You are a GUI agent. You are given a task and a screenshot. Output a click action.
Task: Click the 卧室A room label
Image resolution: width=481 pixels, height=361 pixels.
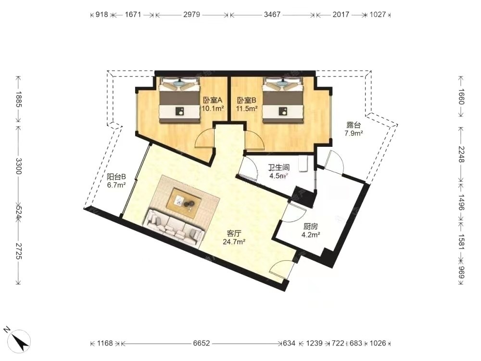(x=212, y=101)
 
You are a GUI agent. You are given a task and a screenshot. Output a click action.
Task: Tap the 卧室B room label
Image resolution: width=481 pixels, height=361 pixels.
(x=246, y=101)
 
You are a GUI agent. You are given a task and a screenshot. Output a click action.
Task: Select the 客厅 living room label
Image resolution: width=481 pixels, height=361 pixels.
(x=233, y=233)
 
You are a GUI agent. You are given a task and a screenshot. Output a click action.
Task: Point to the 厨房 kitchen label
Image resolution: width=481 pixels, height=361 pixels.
(x=310, y=227)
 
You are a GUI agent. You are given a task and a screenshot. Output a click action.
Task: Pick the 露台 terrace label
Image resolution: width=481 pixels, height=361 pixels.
(x=354, y=125)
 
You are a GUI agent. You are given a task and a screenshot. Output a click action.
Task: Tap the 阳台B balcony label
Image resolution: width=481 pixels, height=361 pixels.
(x=116, y=177)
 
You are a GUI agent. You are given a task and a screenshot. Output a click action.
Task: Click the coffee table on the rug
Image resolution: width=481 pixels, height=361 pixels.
(x=184, y=202)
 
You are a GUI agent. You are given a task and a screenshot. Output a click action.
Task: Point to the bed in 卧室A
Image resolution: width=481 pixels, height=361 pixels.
(x=179, y=100)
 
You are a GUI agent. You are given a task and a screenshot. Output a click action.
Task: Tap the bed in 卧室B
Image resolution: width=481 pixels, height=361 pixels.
(x=282, y=100)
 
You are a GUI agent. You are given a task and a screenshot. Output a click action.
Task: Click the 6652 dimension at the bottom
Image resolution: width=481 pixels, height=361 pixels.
(x=201, y=343)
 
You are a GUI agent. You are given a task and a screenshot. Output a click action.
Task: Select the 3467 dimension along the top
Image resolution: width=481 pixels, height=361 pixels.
(x=272, y=14)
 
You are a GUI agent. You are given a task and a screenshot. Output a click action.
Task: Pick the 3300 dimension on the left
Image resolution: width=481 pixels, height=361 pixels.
(x=19, y=166)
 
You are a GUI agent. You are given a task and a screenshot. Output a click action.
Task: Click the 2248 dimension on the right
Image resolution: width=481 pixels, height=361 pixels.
(x=461, y=155)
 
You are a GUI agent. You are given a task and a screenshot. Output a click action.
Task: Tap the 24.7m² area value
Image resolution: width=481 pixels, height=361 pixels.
(x=234, y=242)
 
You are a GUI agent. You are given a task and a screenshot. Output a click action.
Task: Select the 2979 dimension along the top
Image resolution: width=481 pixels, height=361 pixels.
(x=192, y=14)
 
